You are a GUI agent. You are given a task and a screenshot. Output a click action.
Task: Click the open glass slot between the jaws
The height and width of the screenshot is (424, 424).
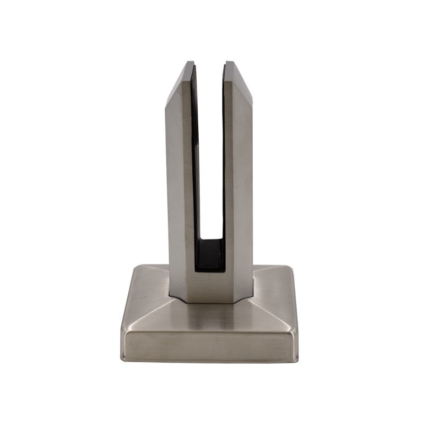pos(209,159)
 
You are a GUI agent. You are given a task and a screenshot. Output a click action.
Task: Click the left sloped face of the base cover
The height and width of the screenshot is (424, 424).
pos(146,302)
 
